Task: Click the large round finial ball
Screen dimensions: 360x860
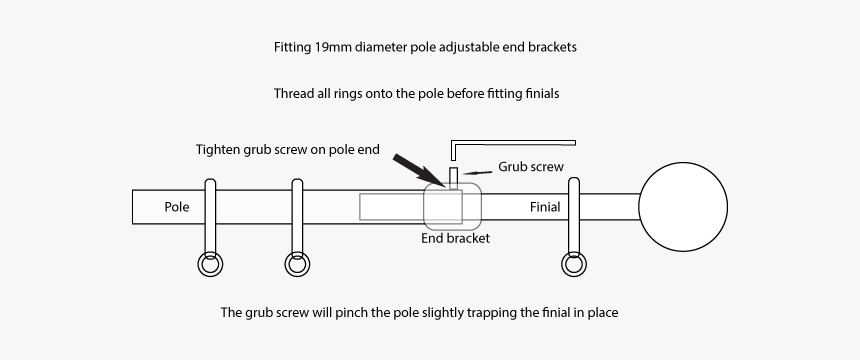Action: tap(683, 207)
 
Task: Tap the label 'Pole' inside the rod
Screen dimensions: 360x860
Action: tap(176, 207)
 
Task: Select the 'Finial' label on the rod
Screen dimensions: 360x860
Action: tap(544, 207)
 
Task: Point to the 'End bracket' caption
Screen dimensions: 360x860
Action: tap(455, 238)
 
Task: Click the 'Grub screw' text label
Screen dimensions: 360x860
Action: tap(531, 167)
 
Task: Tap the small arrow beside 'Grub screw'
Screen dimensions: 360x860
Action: tap(479, 171)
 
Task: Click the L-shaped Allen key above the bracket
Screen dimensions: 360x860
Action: tap(510, 142)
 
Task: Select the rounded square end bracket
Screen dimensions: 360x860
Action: tap(452, 206)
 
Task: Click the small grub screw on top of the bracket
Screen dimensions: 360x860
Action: tap(452, 177)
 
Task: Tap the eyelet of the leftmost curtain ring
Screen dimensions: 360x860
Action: tap(210, 265)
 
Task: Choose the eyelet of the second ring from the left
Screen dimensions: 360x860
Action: tap(297, 265)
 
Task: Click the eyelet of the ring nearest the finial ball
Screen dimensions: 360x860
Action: tap(573, 265)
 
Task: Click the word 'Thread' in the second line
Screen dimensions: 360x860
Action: tap(293, 94)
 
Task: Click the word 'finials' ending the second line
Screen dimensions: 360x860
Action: tap(537, 94)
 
